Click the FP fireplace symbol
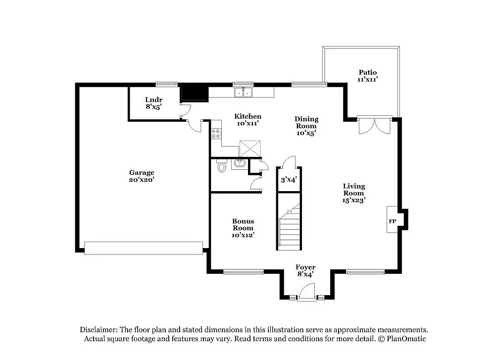pos(392,221)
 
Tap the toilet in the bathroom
pos(221,167)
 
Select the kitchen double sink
pos(243,92)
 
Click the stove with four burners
pos(216,133)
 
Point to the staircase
pos(289,225)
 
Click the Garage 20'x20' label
pos(142,176)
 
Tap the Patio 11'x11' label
pos(368,76)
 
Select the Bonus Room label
pos(243,228)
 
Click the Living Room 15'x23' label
pos(354,193)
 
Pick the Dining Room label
pos(306,126)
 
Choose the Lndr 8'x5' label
pos(153,103)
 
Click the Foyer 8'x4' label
pos(305,270)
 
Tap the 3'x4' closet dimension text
pos(289,180)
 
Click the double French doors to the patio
pos(375,126)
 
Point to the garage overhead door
pos(144,248)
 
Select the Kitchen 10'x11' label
pos(247,119)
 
